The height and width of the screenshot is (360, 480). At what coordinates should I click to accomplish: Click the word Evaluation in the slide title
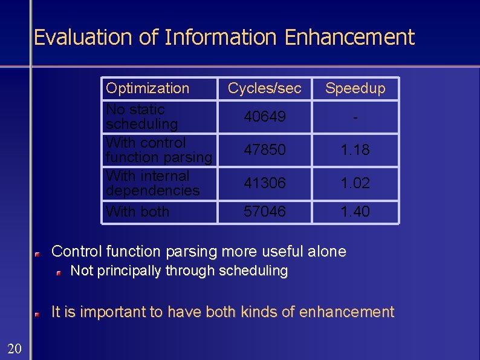coord(83,38)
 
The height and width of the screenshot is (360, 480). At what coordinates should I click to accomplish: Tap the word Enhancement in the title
coord(349,38)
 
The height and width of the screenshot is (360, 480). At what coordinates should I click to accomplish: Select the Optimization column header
coord(148,88)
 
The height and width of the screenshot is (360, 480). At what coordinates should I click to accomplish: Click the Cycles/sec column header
coord(264,88)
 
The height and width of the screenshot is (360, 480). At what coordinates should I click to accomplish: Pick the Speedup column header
coord(355,88)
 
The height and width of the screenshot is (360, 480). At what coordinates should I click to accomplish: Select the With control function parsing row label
coord(158,150)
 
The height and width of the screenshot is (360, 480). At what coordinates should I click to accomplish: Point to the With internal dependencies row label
coord(152,183)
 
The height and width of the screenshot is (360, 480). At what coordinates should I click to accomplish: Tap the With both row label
coord(137,212)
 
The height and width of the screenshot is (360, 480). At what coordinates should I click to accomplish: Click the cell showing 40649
coord(265,117)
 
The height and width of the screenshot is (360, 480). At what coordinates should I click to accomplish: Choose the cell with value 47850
coord(265,149)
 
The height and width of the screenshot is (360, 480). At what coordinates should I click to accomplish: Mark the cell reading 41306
coord(265,183)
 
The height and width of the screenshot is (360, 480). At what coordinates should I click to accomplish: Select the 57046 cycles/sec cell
coord(265,212)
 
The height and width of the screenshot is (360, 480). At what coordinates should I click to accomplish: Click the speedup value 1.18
coord(355,149)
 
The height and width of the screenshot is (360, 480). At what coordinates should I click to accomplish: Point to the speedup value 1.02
coord(355,183)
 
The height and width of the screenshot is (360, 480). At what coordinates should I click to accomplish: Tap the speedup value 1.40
coord(355,212)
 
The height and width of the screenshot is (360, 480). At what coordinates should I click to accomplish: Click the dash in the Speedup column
coord(355,117)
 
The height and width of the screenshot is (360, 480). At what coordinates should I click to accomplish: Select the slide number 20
coord(15,347)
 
